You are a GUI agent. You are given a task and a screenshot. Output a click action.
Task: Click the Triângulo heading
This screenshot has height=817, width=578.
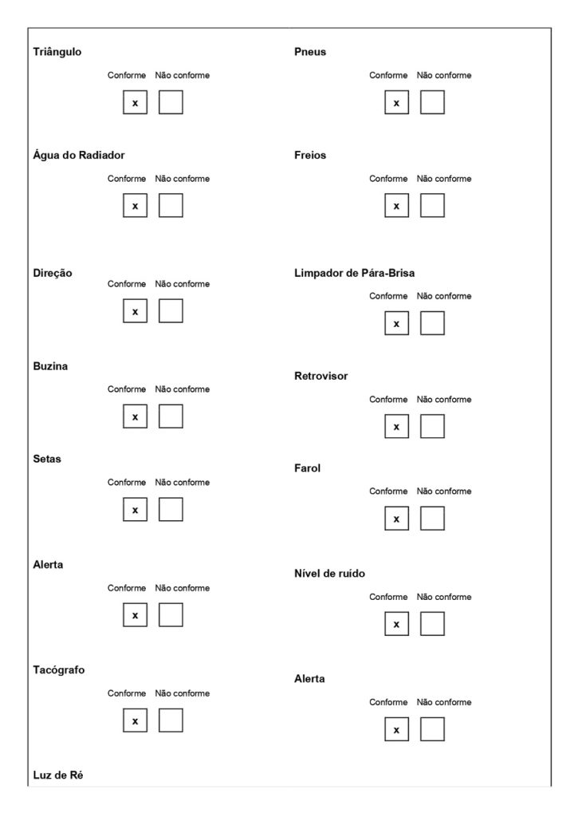pyautogui.click(x=57, y=52)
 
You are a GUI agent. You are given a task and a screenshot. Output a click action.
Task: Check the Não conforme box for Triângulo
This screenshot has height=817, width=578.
pyautogui.click(x=171, y=102)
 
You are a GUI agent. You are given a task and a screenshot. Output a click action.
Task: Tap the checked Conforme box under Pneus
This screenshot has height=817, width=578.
pyautogui.click(x=396, y=102)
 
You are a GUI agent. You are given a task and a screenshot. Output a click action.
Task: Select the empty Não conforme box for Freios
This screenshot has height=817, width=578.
pyautogui.click(x=432, y=206)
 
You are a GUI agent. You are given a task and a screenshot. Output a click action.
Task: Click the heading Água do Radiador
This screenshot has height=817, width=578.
pyautogui.click(x=79, y=155)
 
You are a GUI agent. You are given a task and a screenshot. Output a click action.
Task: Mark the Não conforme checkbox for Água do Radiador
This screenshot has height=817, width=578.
pyautogui.click(x=171, y=206)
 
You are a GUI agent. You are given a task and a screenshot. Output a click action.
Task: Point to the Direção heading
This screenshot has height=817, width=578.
pyautogui.click(x=53, y=272)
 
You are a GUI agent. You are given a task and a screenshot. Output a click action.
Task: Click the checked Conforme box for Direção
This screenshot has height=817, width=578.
pyautogui.click(x=135, y=311)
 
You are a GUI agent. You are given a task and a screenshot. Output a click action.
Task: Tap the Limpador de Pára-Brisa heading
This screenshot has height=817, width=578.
pyautogui.click(x=354, y=273)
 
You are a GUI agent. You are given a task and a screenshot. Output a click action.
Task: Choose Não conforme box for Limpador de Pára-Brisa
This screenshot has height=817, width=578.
pyautogui.click(x=432, y=323)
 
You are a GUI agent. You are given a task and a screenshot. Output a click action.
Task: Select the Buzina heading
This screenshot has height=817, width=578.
pyautogui.click(x=50, y=366)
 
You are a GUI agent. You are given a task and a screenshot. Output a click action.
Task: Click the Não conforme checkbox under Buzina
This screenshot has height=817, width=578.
pyautogui.click(x=171, y=416)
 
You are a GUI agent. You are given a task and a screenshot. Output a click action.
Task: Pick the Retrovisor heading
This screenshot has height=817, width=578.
pyautogui.click(x=321, y=376)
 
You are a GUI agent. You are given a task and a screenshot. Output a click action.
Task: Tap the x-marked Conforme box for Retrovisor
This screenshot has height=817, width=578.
pyautogui.click(x=396, y=427)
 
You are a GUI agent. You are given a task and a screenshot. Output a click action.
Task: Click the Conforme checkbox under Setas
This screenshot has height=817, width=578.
pyautogui.click(x=135, y=509)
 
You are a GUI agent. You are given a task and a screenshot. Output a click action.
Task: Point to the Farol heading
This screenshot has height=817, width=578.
pyautogui.click(x=307, y=468)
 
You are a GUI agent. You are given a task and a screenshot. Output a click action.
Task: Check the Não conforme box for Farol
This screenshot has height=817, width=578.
pyautogui.click(x=432, y=519)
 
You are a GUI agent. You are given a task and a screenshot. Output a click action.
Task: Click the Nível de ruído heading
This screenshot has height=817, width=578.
pyautogui.click(x=329, y=573)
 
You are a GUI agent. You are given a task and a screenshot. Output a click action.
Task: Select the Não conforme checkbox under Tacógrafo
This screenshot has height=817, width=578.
pyautogui.click(x=171, y=720)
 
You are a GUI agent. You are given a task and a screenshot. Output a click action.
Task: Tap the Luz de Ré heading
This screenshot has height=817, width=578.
pyautogui.click(x=58, y=775)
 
